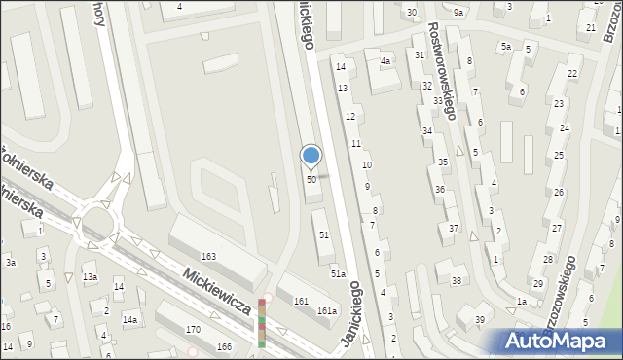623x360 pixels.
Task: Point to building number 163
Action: [208, 256]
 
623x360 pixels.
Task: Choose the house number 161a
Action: [327, 311]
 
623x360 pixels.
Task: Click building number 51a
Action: [337, 275]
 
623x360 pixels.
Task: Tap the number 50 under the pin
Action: [311, 180]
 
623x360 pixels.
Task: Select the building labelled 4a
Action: [385, 61]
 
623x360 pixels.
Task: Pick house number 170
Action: [194, 330]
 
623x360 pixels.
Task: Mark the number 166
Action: [225, 346]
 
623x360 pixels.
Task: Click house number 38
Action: [457, 281]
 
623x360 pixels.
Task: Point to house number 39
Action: [479, 320]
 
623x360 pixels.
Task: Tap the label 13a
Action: [90, 277]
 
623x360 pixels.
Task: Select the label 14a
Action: [129, 319]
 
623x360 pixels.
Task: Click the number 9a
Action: [458, 12]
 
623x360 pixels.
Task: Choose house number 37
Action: [454, 228]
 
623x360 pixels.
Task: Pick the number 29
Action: [537, 283]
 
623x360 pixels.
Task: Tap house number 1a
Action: [521, 302]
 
